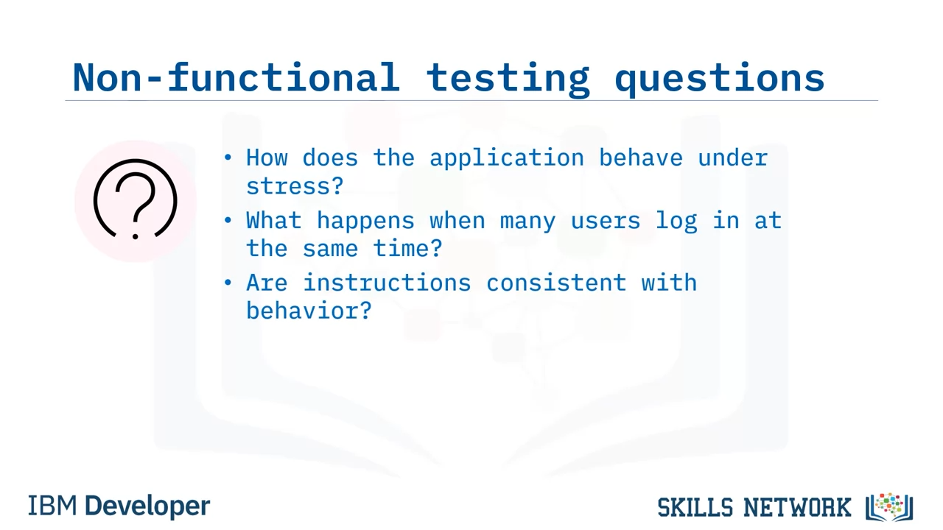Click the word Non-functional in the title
click(236, 77)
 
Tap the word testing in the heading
click(508, 80)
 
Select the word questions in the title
click(720, 80)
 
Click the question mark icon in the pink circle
click(135, 200)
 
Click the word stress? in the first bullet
click(295, 186)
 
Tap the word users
click(606, 222)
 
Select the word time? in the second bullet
click(407, 248)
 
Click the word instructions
click(387, 282)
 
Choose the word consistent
click(556, 282)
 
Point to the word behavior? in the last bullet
click(309, 310)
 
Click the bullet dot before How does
click(228, 158)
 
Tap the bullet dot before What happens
click(228, 220)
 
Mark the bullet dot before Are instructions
click(228, 282)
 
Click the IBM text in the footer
click(52, 506)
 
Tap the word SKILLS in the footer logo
click(695, 507)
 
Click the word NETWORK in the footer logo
click(797, 507)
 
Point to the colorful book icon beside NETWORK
click(889, 507)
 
